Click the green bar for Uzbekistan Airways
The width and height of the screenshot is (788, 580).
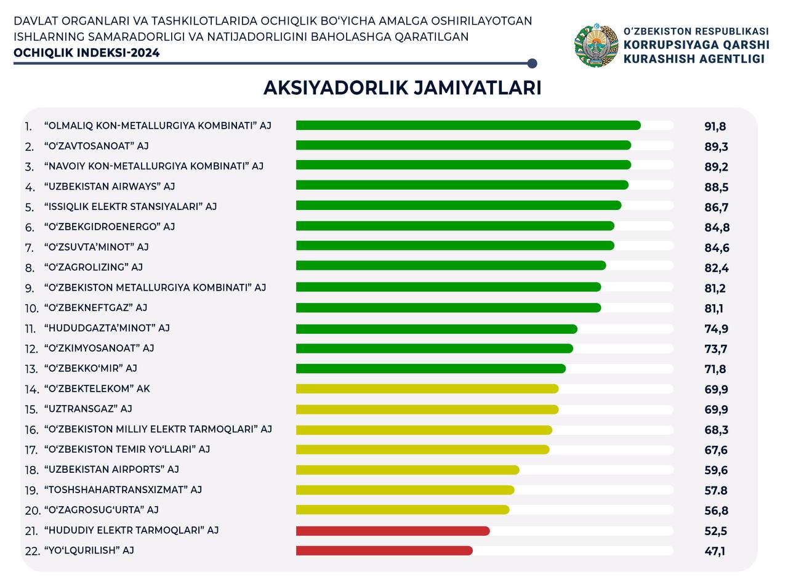pyautogui.click(x=462, y=185)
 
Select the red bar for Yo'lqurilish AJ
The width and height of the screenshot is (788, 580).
pyautogui.click(x=384, y=550)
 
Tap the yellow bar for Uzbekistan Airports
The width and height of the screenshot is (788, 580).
pyautogui.click(x=408, y=470)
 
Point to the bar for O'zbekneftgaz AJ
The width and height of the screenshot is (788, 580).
pyautogui.click(x=448, y=307)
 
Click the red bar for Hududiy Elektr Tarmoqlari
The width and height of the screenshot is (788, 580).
pyautogui.click(x=393, y=531)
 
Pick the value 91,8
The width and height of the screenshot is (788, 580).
pyautogui.click(x=715, y=126)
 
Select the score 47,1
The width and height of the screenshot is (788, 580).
pyautogui.click(x=715, y=551)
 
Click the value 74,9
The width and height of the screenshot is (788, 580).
pyautogui.click(x=716, y=329)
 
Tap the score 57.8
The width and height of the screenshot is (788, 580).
pyautogui.click(x=716, y=490)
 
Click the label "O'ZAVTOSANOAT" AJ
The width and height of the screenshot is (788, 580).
pyautogui.click(x=97, y=146)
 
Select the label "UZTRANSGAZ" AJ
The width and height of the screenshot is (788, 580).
pyautogui.click(x=88, y=409)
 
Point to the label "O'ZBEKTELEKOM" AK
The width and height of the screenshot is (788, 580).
pyautogui.click(x=97, y=389)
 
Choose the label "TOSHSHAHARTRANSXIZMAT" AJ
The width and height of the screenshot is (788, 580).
pyautogui.click(x=123, y=489)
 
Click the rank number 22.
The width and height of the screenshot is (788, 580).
pyautogui.click(x=32, y=551)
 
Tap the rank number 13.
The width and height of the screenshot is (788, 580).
pyautogui.click(x=31, y=369)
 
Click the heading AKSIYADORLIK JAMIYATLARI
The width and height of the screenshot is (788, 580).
pyautogui.click(x=402, y=87)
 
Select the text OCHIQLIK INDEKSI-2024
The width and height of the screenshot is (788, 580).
pyautogui.click(x=87, y=53)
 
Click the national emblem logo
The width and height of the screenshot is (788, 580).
pyautogui.click(x=596, y=45)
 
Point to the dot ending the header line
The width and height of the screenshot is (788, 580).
pyautogui.click(x=533, y=63)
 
